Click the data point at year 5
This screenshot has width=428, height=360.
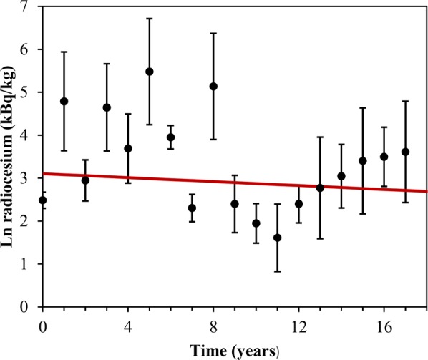(149, 72)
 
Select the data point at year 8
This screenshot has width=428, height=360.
(213, 86)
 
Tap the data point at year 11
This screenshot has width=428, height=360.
(277, 238)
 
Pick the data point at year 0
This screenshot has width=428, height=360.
(42, 200)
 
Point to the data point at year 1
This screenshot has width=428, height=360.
(64, 101)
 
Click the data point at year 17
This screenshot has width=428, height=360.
(405, 152)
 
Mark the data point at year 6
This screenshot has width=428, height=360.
(170, 137)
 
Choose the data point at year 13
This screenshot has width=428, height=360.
(320, 188)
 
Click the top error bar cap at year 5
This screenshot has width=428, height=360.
(149, 19)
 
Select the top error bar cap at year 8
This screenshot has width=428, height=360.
(213, 33)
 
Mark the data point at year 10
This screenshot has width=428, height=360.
(256, 223)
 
